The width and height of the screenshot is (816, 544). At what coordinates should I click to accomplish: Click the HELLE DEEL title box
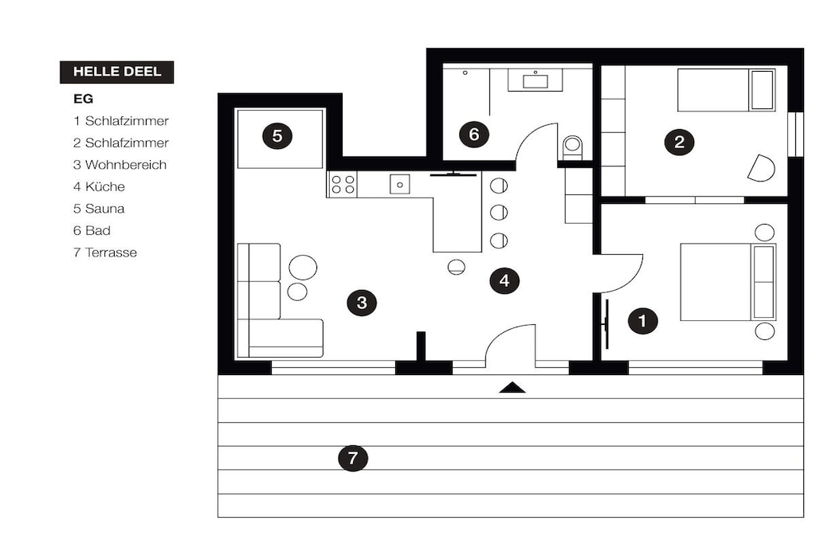pyautogui.click(x=116, y=72)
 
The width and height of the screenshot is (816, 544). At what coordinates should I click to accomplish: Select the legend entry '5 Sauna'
pyautogui.click(x=99, y=209)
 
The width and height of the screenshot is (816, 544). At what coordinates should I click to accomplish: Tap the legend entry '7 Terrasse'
pyautogui.click(x=105, y=252)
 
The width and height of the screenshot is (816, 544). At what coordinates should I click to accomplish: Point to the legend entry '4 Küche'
pyautogui.click(x=99, y=186)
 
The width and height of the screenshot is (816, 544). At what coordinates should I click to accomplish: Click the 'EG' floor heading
pyautogui.click(x=83, y=99)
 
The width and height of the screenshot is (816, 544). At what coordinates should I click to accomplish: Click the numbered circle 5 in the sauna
pyautogui.click(x=277, y=136)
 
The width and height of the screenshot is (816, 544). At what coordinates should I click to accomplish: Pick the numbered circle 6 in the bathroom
pyautogui.click(x=474, y=134)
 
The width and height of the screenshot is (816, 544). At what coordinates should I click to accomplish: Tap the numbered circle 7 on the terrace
pyautogui.click(x=353, y=458)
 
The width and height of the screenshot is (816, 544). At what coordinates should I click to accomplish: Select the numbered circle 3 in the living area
pyautogui.click(x=363, y=302)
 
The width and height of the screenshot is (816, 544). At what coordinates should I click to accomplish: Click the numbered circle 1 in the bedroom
pyautogui.click(x=643, y=320)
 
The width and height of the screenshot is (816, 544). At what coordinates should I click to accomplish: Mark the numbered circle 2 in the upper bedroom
pyautogui.click(x=679, y=142)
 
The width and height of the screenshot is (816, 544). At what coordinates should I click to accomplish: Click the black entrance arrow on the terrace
pyautogui.click(x=512, y=387)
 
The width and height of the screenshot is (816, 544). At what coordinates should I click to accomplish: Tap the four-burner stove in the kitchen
pyautogui.click(x=343, y=185)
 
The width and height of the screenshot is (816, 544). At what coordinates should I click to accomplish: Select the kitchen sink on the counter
pyautogui.click(x=400, y=184)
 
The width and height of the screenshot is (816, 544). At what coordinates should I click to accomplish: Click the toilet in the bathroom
pyautogui.click(x=572, y=147)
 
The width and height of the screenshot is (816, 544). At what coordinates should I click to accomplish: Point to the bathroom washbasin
pyautogui.click(x=535, y=81)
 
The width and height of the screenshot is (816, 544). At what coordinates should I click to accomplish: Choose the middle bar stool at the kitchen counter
pyautogui.click(x=499, y=212)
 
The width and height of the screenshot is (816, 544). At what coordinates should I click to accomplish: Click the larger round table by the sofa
pyautogui.click(x=303, y=268)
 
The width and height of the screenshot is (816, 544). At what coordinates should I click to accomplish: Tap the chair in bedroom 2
pyautogui.click(x=761, y=168)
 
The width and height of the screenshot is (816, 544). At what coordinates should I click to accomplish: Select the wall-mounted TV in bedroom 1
pyautogui.click(x=606, y=324)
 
